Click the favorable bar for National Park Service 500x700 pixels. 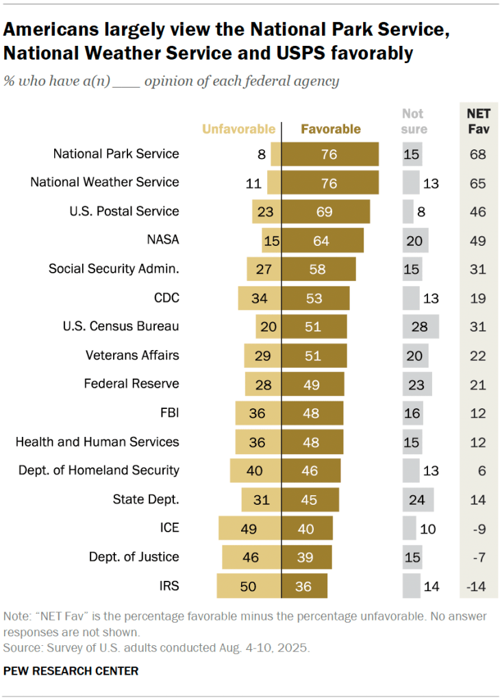[330, 154]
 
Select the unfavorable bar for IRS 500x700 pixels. [249, 586]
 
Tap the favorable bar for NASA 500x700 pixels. [323, 240]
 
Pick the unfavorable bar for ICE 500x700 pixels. [250, 529]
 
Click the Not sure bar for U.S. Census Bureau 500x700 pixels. [421, 327]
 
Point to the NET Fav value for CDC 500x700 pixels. [477, 298]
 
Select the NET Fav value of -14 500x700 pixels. [477, 586]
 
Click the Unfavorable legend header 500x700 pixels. [238, 129]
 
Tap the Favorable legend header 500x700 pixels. [331, 129]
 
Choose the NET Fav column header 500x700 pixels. [477, 121]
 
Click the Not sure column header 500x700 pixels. [413, 121]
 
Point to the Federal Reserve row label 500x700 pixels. [132, 384]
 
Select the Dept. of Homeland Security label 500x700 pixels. [99, 470]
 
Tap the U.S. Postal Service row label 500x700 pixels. [125, 211]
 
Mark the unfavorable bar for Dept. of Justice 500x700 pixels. [251, 558]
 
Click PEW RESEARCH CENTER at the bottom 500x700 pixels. [71, 671]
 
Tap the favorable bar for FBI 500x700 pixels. [312, 413]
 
